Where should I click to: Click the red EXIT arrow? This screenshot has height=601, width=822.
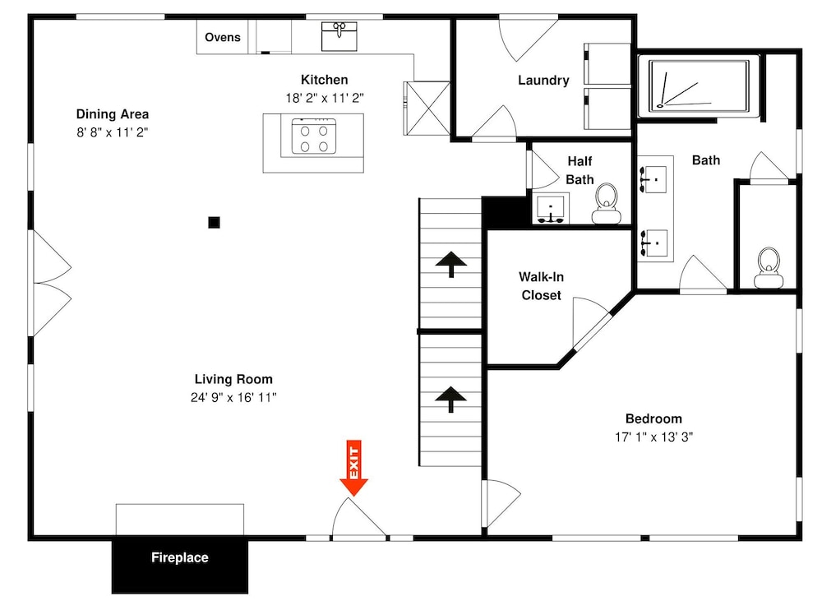pyautogui.click(x=353, y=468)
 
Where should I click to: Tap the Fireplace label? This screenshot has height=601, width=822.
pyautogui.click(x=180, y=557)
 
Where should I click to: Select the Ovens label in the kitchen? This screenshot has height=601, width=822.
pyautogui.click(x=222, y=37)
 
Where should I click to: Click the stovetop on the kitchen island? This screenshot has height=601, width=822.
pyautogui.click(x=313, y=136)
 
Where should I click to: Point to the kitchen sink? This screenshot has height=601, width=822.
pyautogui.click(x=339, y=36)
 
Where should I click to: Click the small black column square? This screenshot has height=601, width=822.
pyautogui.click(x=214, y=222)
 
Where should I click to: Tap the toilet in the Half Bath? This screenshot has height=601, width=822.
pyautogui.click(x=607, y=204)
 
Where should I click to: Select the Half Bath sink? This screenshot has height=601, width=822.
pyautogui.click(x=551, y=209)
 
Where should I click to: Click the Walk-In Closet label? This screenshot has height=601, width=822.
pyautogui.click(x=541, y=286)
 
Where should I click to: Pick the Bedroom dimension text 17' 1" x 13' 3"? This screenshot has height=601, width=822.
pyautogui.click(x=653, y=437)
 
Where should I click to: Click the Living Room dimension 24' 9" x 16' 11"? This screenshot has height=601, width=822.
pyautogui.click(x=233, y=398)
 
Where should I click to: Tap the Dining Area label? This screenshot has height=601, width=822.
pyautogui.click(x=112, y=113)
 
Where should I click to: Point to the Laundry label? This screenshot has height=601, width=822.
pyautogui.click(x=543, y=81)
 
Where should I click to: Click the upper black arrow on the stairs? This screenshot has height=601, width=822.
pyautogui.click(x=450, y=264)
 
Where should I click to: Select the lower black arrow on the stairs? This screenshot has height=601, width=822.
pyautogui.click(x=450, y=400)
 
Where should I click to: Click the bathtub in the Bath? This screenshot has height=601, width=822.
pyautogui.click(x=699, y=86)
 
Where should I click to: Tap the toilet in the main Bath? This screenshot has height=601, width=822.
pyautogui.click(x=769, y=268)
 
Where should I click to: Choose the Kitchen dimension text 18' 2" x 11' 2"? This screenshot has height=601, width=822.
pyautogui.click(x=325, y=98)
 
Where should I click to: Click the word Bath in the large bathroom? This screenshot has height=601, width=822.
pyautogui.click(x=705, y=160)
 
